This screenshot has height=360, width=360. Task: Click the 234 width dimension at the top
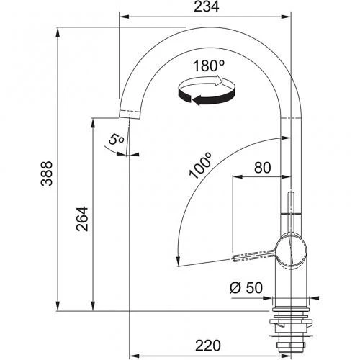point(207,6)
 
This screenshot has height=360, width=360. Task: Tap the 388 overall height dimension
point(47,174)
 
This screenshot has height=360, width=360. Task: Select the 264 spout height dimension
point(82,219)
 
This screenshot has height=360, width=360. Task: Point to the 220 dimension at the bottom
point(208,346)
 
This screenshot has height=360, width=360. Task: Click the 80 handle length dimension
point(263,168)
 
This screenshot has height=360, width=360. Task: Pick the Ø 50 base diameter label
point(246,287)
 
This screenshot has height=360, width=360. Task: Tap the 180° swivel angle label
point(208,66)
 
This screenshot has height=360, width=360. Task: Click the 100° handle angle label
point(199,166)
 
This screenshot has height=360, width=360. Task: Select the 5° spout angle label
point(117,139)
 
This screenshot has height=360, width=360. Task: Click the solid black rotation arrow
point(207,98)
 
